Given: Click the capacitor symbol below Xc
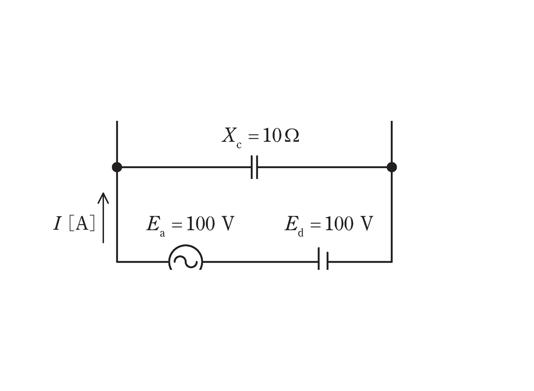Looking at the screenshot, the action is [254, 167].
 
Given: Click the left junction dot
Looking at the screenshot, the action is [117, 167].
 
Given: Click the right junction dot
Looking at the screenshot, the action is [392, 167].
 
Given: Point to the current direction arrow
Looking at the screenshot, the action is [103, 218].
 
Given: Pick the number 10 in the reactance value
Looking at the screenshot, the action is [272, 135].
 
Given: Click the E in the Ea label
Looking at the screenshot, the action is [153, 224].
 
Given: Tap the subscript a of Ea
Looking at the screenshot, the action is [162, 234].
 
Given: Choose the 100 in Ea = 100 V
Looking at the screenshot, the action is [201, 224].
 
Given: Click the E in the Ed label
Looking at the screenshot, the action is [291, 224].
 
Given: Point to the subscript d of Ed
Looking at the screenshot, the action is [301, 233].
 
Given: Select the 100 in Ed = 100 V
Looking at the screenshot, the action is [339, 224].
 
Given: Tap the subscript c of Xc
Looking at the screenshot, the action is [239, 145].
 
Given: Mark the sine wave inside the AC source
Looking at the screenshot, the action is [186, 261].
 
